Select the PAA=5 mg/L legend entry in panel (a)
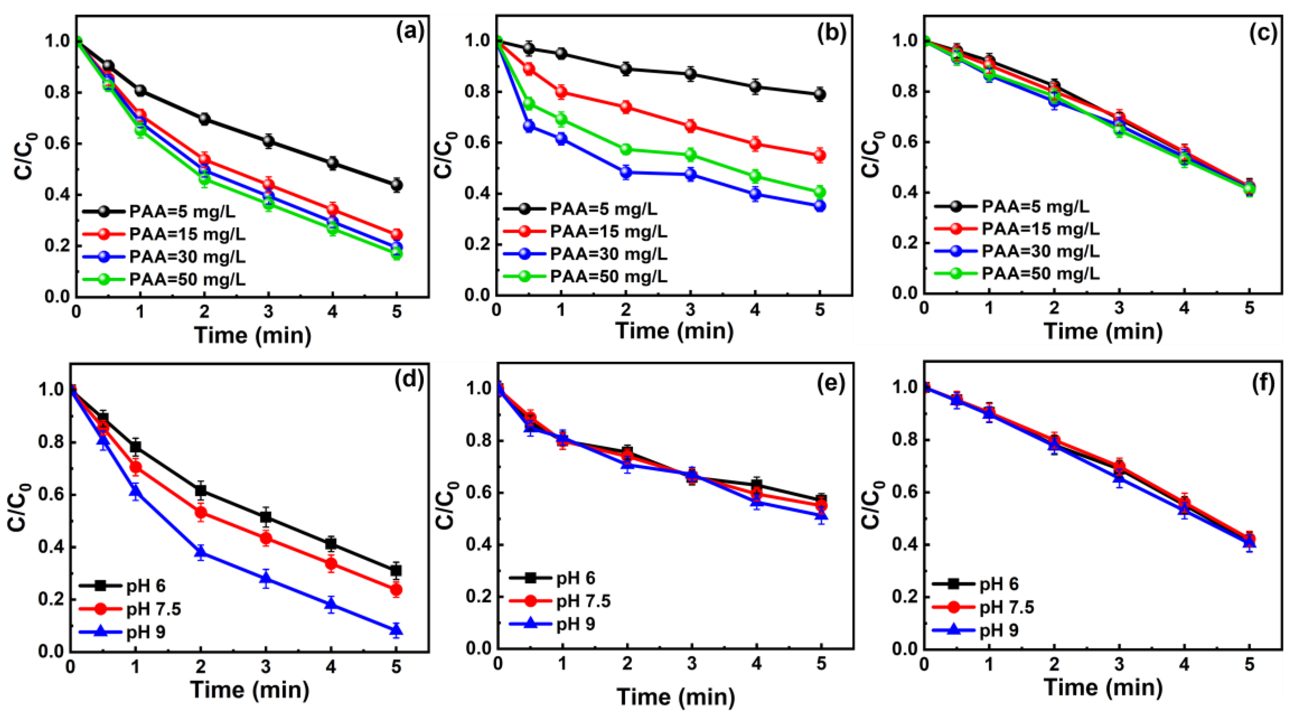(x=181, y=211)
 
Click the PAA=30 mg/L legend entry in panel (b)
(x=608, y=254)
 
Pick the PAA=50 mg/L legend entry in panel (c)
(x=1040, y=273)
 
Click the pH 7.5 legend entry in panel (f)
(x=1006, y=607)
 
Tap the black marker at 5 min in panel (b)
(x=820, y=94)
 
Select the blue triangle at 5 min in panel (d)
(x=396, y=629)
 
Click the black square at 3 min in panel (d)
(x=266, y=517)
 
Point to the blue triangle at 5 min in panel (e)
(x=821, y=515)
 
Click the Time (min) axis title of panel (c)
(x=1103, y=331)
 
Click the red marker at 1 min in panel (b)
(x=561, y=92)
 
